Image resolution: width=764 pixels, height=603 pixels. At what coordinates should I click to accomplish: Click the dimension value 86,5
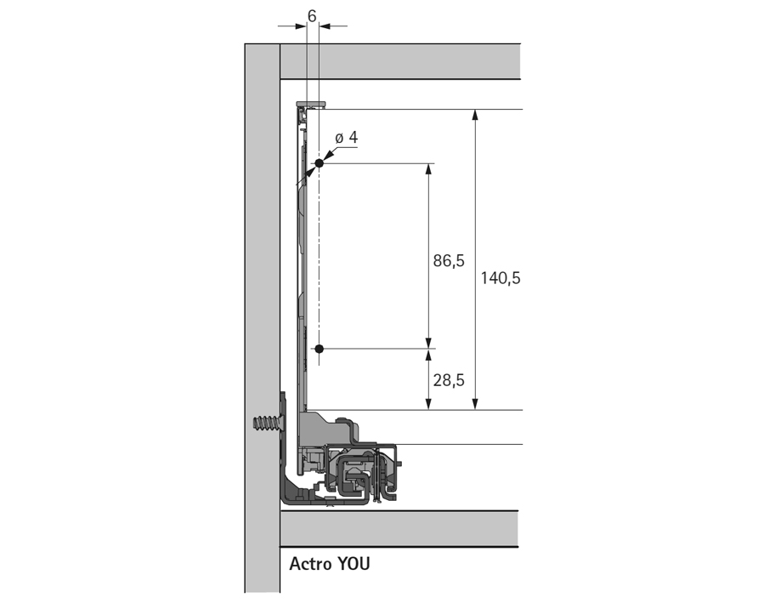[449, 261]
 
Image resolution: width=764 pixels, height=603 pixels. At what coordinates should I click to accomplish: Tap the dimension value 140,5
[500, 277]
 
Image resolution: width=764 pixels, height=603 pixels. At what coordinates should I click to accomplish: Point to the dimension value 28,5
[449, 380]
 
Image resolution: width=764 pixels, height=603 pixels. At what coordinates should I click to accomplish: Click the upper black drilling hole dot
[319, 162]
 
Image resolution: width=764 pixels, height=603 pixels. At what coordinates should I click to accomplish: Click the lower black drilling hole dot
[319, 349]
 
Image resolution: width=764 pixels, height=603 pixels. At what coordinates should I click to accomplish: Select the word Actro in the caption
[310, 564]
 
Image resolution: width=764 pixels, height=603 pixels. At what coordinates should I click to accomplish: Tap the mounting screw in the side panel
[266, 425]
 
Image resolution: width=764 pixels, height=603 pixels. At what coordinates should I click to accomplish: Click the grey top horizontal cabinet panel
[399, 62]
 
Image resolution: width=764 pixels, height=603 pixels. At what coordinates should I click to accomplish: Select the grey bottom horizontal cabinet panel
[399, 528]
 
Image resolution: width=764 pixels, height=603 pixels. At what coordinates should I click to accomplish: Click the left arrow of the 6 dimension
[299, 26]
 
